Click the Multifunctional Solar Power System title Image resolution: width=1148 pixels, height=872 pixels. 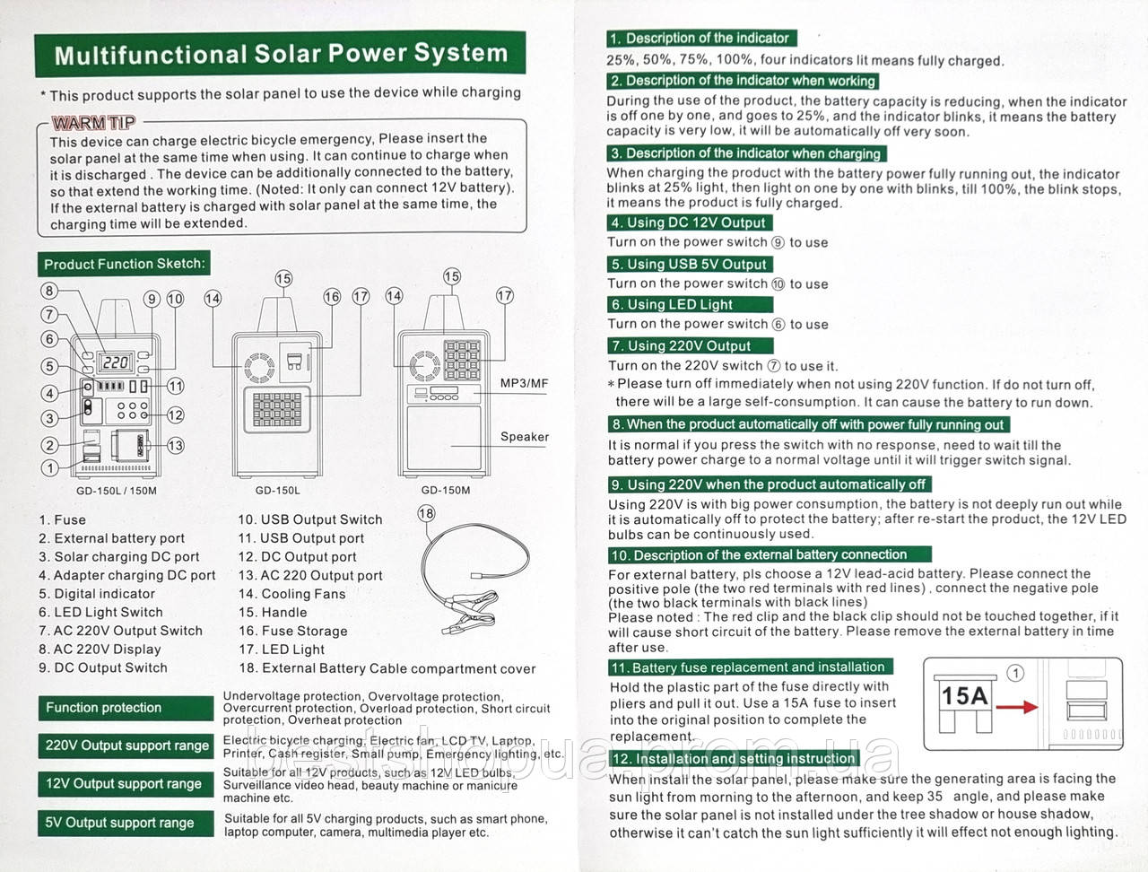click(280, 55)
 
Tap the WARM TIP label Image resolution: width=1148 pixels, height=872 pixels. click(93, 123)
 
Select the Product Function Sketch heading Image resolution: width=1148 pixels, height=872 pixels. click(124, 264)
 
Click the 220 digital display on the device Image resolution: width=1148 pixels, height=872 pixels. click(117, 362)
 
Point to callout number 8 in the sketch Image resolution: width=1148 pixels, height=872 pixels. click(49, 291)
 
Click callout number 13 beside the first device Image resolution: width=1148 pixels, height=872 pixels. click(175, 445)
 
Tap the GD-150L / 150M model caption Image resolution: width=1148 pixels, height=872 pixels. click(117, 491)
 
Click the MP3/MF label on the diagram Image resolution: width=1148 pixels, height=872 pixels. click(524, 383)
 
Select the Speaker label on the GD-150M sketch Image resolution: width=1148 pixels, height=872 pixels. click(525, 437)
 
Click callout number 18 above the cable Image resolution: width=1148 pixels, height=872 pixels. click(426, 513)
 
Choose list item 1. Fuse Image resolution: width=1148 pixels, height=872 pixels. click(63, 519)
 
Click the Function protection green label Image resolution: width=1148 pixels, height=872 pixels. click(104, 708)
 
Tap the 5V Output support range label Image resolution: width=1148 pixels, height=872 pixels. click(119, 823)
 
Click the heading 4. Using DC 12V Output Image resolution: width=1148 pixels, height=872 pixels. click(689, 222)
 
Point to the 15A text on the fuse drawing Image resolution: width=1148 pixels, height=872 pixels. click(964, 696)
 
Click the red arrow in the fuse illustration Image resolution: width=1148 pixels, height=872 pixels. click(1016, 707)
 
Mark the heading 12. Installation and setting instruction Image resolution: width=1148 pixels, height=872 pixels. click(733, 759)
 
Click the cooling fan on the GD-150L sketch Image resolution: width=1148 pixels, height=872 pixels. click(259, 366)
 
